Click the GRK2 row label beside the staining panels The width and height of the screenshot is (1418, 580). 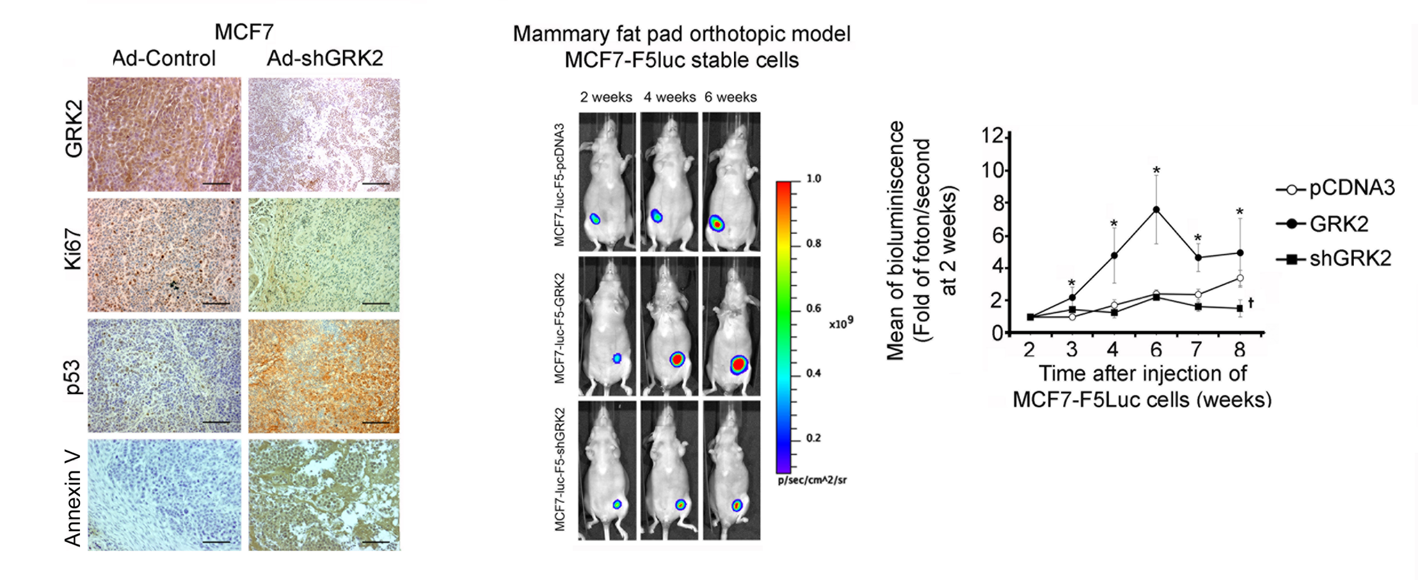click(73, 129)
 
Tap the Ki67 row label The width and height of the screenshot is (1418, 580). click(73, 249)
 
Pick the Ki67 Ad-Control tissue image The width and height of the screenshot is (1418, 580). click(164, 255)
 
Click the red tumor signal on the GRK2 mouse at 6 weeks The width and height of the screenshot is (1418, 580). click(739, 364)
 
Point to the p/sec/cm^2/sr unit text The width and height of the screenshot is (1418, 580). click(812, 480)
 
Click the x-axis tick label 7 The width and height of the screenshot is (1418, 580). click(1196, 349)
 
